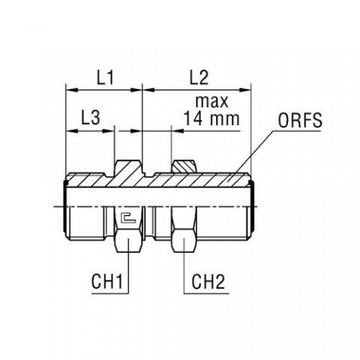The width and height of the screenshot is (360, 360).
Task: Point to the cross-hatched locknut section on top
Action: (184, 166)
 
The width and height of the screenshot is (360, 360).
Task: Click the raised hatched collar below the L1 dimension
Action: (127, 166)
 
